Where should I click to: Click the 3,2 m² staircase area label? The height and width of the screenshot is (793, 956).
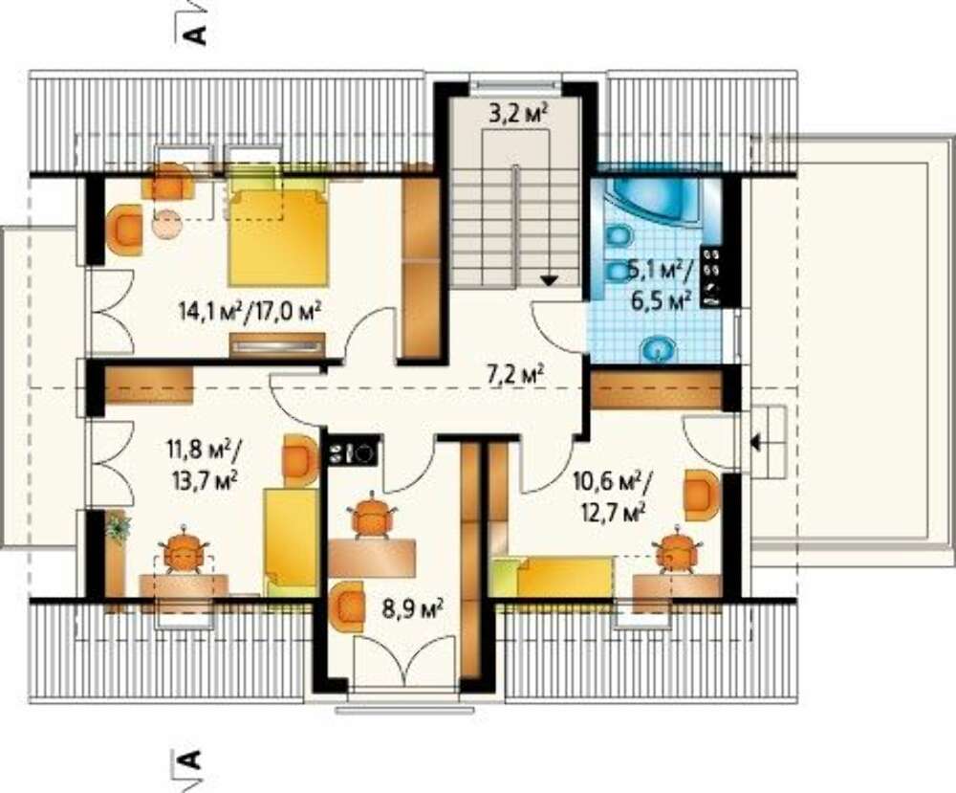517,114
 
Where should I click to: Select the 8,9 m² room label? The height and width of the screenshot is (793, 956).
412,608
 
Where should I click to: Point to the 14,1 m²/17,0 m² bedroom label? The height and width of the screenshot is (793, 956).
250,312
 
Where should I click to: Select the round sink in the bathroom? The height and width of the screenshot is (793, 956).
658,349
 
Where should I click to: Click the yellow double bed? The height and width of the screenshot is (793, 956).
278,236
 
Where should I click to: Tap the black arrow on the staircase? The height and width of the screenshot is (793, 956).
550,280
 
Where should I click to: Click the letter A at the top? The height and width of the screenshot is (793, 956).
195,34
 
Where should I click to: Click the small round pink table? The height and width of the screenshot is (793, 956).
167,225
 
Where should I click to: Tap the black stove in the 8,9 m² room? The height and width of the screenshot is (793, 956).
354,453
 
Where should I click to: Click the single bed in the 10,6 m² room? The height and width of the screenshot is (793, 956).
552,577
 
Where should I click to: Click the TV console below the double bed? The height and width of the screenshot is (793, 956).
277,345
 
